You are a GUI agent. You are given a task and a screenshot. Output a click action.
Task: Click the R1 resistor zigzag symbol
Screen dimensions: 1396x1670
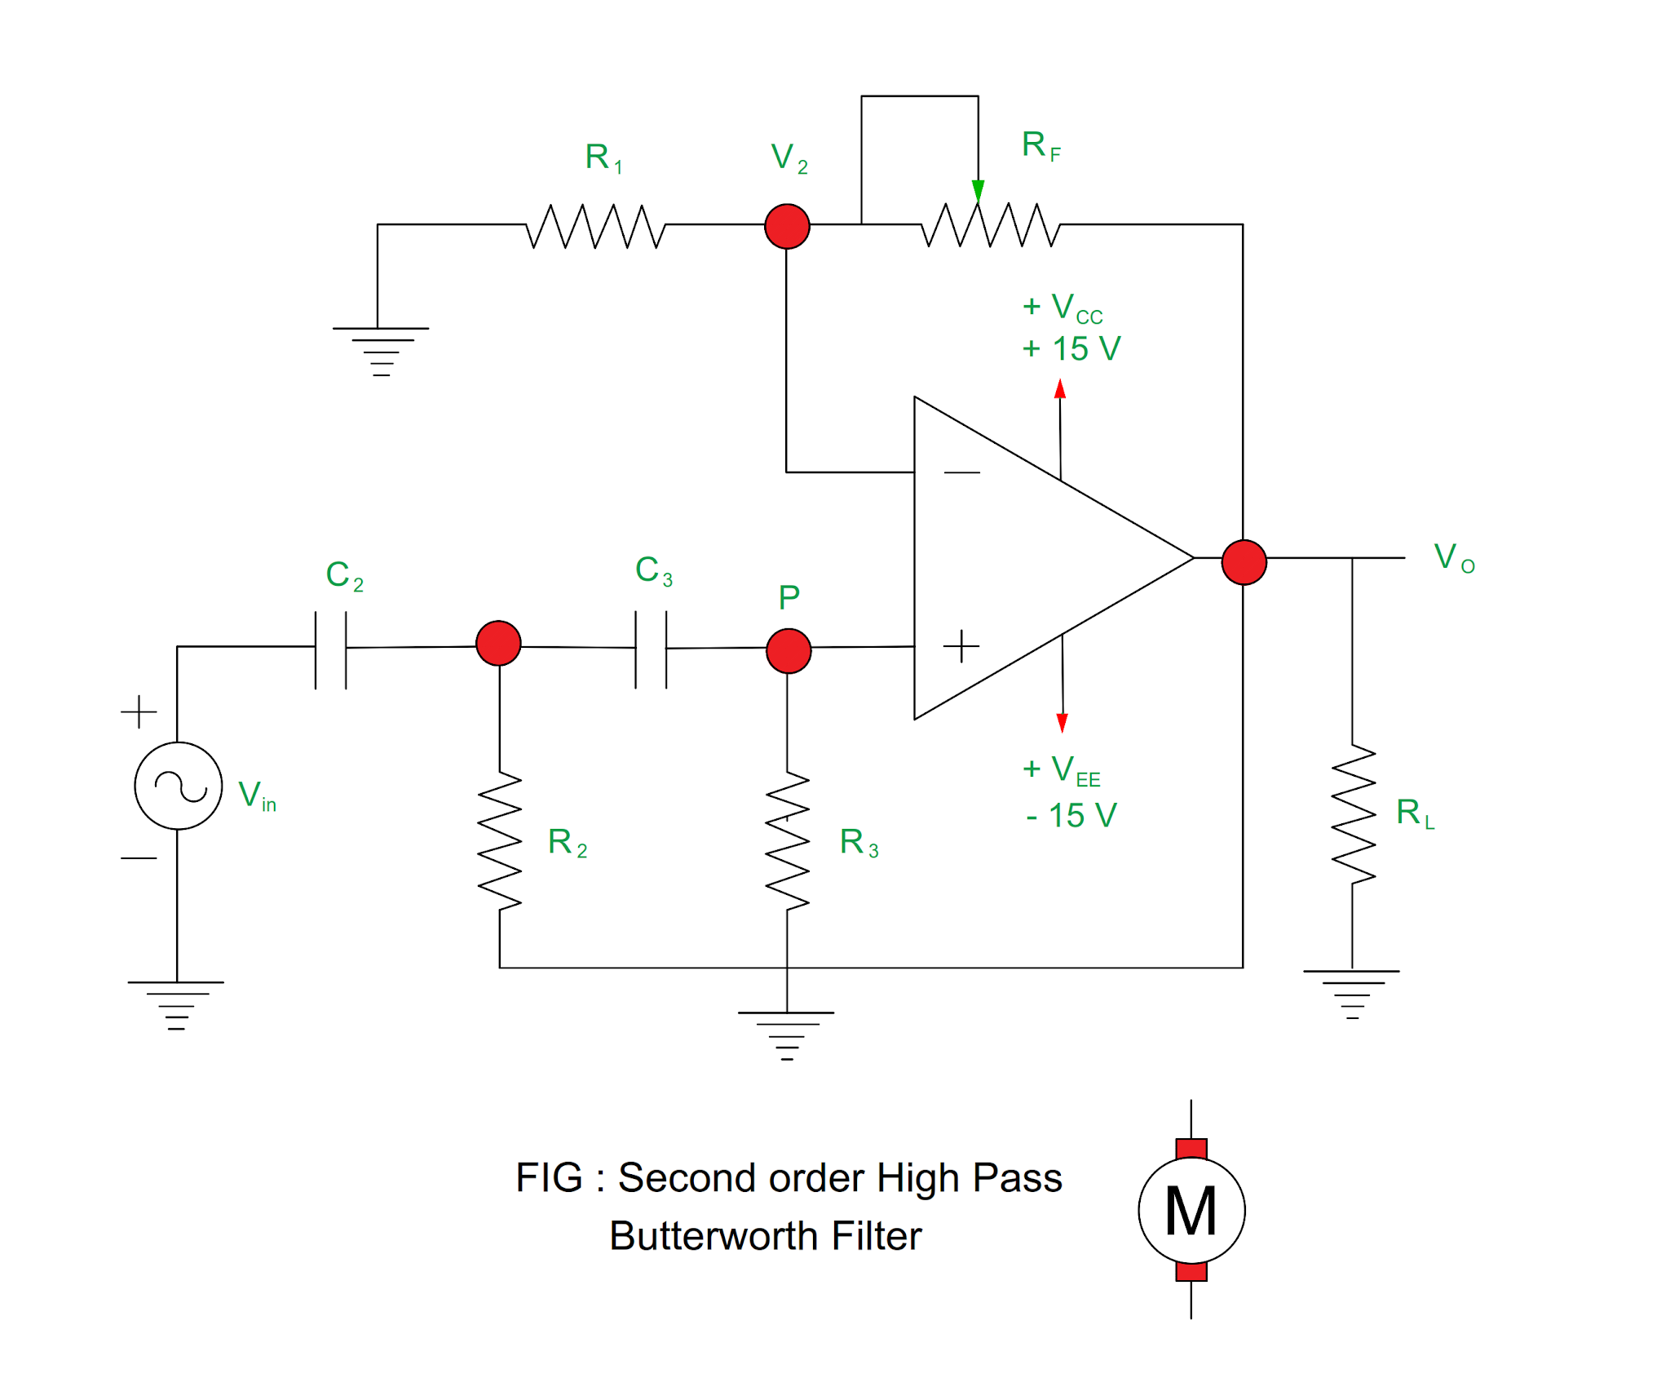point(595,226)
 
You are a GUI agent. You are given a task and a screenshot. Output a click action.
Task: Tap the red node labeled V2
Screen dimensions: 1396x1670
point(787,226)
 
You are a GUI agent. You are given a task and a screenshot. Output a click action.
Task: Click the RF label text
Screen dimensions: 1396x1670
point(1040,145)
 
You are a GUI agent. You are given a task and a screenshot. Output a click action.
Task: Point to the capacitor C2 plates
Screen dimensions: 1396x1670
point(330,649)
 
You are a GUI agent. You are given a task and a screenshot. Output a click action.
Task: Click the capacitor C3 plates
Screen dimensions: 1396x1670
point(651,649)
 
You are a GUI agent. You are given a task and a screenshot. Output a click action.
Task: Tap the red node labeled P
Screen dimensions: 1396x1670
point(789,650)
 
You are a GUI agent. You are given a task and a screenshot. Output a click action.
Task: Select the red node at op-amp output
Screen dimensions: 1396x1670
point(1244,562)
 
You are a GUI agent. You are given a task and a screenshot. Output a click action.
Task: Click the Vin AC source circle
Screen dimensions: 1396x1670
point(178,786)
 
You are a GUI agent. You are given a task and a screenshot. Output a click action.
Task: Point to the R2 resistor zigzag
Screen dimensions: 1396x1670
point(499,840)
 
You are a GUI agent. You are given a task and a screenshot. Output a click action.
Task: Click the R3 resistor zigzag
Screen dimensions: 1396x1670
point(787,840)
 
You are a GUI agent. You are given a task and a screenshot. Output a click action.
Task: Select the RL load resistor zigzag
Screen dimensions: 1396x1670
point(1353,813)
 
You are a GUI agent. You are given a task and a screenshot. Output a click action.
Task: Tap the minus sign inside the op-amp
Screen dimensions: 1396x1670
point(961,472)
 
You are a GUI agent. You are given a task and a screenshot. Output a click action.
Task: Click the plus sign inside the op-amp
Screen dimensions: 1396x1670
point(961,646)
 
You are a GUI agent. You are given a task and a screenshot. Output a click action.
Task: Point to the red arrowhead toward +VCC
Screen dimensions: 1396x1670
point(1059,388)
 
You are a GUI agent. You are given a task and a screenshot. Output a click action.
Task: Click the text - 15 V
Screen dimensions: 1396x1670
point(1071,815)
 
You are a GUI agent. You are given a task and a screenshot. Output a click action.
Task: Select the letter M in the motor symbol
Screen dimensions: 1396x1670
point(1191,1211)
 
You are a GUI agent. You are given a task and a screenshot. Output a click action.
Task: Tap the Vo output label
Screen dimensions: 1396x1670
point(1453,558)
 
